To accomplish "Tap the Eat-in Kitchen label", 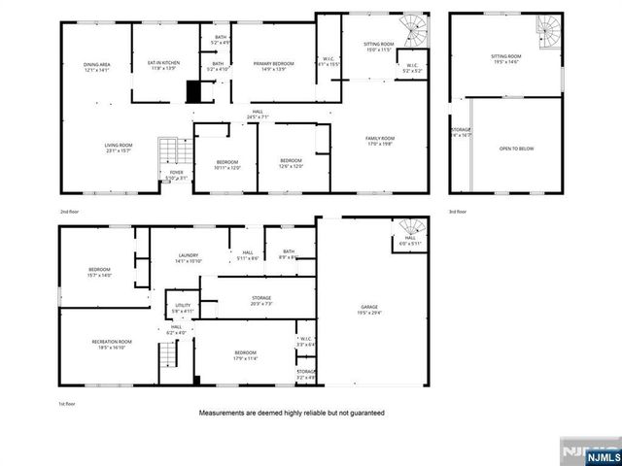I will [157, 65].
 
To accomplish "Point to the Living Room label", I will [119, 148].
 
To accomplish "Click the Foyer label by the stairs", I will [176, 175].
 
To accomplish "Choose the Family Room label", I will [380, 141].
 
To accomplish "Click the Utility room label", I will [180, 308].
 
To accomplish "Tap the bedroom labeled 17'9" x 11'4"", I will [245, 354].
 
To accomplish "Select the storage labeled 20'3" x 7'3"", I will [261, 300].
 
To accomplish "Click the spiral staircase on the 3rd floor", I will [550, 26].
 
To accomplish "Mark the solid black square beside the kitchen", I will [194, 92].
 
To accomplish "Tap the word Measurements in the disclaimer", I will [230, 413].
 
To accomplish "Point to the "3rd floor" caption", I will [457, 210].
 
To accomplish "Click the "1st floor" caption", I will [68, 403].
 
